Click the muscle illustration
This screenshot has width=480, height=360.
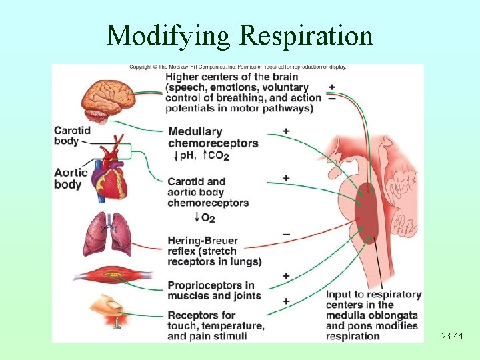pyautogui.click(x=111, y=275)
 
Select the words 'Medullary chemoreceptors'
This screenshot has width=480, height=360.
pyautogui.click(x=212, y=137)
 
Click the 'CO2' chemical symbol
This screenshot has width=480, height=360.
pyautogui.click(x=219, y=156)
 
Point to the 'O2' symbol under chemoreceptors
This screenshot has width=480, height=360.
pyautogui.click(x=207, y=218)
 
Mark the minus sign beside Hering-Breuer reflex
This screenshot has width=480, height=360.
pyautogui.click(x=286, y=234)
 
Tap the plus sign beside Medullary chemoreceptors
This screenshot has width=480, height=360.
pyautogui.click(x=286, y=131)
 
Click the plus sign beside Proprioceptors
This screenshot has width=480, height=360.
pyautogui.click(x=286, y=275)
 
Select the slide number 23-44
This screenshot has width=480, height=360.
pyautogui.click(x=451, y=337)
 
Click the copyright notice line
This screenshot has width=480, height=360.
pyautogui.click(x=237, y=67)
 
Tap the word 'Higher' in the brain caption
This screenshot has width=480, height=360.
pyautogui.click(x=184, y=76)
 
